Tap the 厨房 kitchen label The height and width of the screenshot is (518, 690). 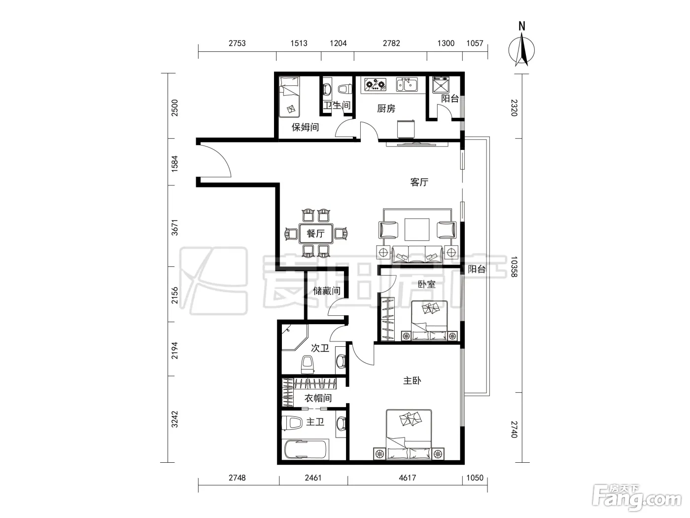386,109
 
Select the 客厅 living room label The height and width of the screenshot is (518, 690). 419,182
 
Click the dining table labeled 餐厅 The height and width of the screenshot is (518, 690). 316,233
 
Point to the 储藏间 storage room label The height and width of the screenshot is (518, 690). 327,291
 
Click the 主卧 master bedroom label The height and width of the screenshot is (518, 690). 412,381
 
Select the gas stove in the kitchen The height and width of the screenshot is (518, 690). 376,84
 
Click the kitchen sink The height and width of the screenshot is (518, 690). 407,84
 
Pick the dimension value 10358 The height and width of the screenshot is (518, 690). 514,267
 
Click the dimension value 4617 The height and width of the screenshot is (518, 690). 408,478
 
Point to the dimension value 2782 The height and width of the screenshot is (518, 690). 391,43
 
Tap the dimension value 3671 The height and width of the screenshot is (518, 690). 174,227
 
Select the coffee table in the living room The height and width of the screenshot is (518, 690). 417,229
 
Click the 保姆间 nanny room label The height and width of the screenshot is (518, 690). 305,127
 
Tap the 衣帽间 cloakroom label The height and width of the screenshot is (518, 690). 318,398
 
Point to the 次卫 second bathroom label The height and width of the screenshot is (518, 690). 320,348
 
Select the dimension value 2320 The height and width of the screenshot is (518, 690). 514,108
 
